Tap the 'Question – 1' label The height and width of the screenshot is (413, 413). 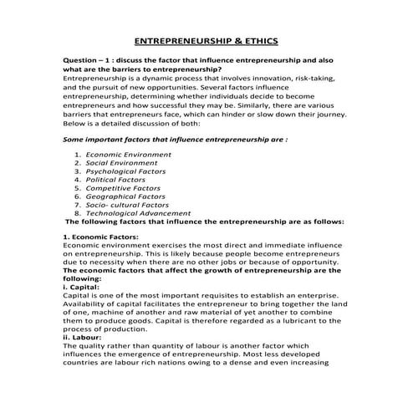(88, 61)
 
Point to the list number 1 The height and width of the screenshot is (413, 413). (77, 156)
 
